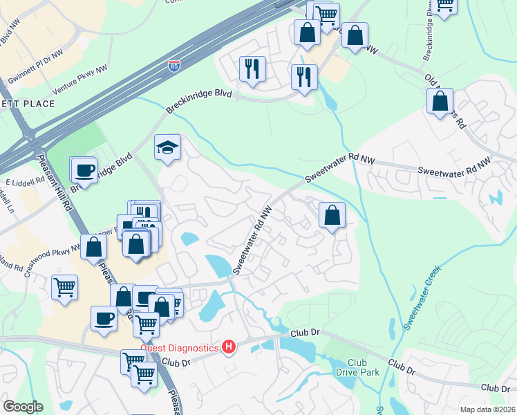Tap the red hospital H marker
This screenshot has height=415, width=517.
tap(228, 347)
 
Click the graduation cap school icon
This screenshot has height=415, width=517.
tap(167, 147)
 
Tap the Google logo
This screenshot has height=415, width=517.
tap(23, 406)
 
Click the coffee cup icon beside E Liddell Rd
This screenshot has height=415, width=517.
tap(85, 169)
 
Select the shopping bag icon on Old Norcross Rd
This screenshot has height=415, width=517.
tap(440, 102)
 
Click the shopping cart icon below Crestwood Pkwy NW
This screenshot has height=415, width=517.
tap(64, 287)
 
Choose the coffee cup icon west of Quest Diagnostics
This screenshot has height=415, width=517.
tap(104, 318)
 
